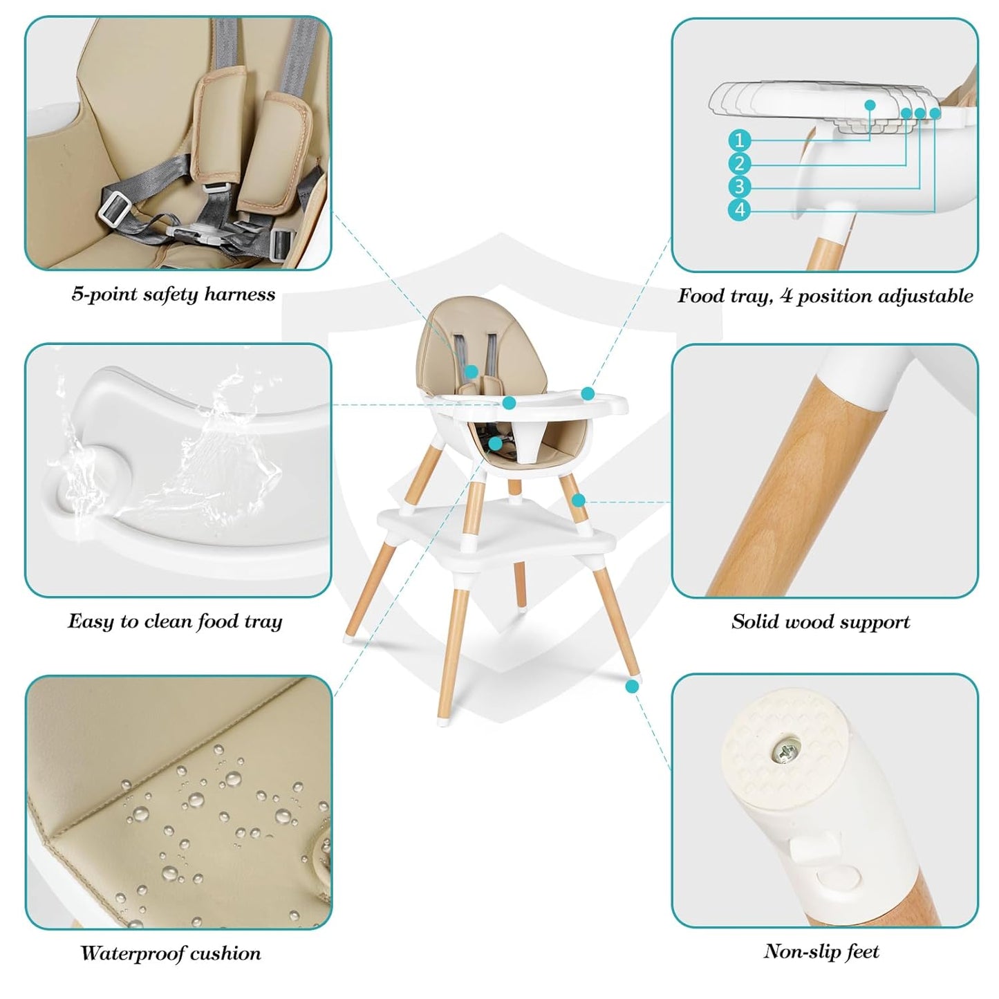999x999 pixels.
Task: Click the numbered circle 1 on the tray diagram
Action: pyautogui.click(x=739, y=140)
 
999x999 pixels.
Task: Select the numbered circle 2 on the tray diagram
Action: pyautogui.click(x=739, y=164)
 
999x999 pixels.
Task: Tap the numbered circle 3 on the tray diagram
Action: pyautogui.click(x=739, y=187)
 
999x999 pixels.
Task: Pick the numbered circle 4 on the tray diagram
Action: pyautogui.click(x=739, y=209)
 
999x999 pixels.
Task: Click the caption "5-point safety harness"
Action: pyautogui.click(x=174, y=295)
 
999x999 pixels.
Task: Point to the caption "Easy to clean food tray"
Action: pyautogui.click(x=175, y=622)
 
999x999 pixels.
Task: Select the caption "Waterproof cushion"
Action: pyautogui.click(x=171, y=953)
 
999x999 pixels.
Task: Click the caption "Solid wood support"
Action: pyautogui.click(x=821, y=622)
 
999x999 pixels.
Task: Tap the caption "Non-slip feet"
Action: pyautogui.click(x=821, y=952)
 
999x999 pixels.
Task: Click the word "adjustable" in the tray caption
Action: pyautogui.click(x=926, y=297)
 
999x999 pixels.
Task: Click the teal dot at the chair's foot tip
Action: pyautogui.click(x=631, y=686)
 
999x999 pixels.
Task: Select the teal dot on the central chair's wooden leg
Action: pyautogui.click(x=578, y=500)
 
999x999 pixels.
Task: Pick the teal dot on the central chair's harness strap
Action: pyautogui.click(x=471, y=371)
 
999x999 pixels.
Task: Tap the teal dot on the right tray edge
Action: pyautogui.click(x=588, y=393)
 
